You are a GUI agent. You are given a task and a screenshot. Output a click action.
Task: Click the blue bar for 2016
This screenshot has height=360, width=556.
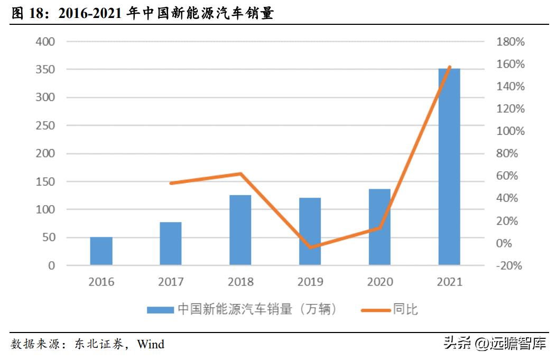pos(101,251)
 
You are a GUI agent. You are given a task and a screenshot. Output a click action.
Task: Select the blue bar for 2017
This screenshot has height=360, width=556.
pos(171,244)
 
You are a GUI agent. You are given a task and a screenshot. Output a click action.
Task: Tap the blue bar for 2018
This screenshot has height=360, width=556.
pos(240,230)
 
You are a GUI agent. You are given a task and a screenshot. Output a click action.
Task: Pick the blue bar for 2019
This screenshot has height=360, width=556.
pos(310,232)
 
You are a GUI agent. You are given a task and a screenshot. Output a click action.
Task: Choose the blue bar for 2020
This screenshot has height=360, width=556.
pos(379,227)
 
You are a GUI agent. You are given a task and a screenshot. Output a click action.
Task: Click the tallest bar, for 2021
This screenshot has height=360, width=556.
pos(449,167)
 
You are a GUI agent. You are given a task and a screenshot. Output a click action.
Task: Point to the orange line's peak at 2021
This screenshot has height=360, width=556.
pos(450,67)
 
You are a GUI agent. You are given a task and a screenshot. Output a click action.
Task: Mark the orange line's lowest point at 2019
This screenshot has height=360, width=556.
pos(310,247)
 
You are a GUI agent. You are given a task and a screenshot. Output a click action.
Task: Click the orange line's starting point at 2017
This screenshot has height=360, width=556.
pos(171,183)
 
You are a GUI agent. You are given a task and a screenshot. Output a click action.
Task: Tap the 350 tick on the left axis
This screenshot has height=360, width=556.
pos(45,70)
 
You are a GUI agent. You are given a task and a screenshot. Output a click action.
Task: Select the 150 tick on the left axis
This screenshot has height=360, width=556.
pos(45,182)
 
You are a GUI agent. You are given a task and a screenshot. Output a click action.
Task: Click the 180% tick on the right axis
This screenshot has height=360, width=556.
pos(511,42)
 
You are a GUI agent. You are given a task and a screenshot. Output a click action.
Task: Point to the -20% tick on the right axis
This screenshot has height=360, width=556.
pos(508,266)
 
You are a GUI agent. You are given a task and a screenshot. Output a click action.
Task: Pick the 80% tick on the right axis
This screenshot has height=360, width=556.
pos(511,154)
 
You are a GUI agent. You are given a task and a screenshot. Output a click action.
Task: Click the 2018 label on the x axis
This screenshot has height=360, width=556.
pos(240,282)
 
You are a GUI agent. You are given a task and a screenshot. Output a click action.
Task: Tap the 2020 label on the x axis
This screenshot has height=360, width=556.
pos(379,282)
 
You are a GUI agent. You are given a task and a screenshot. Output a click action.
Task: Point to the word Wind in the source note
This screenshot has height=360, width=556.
pos(151,345)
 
